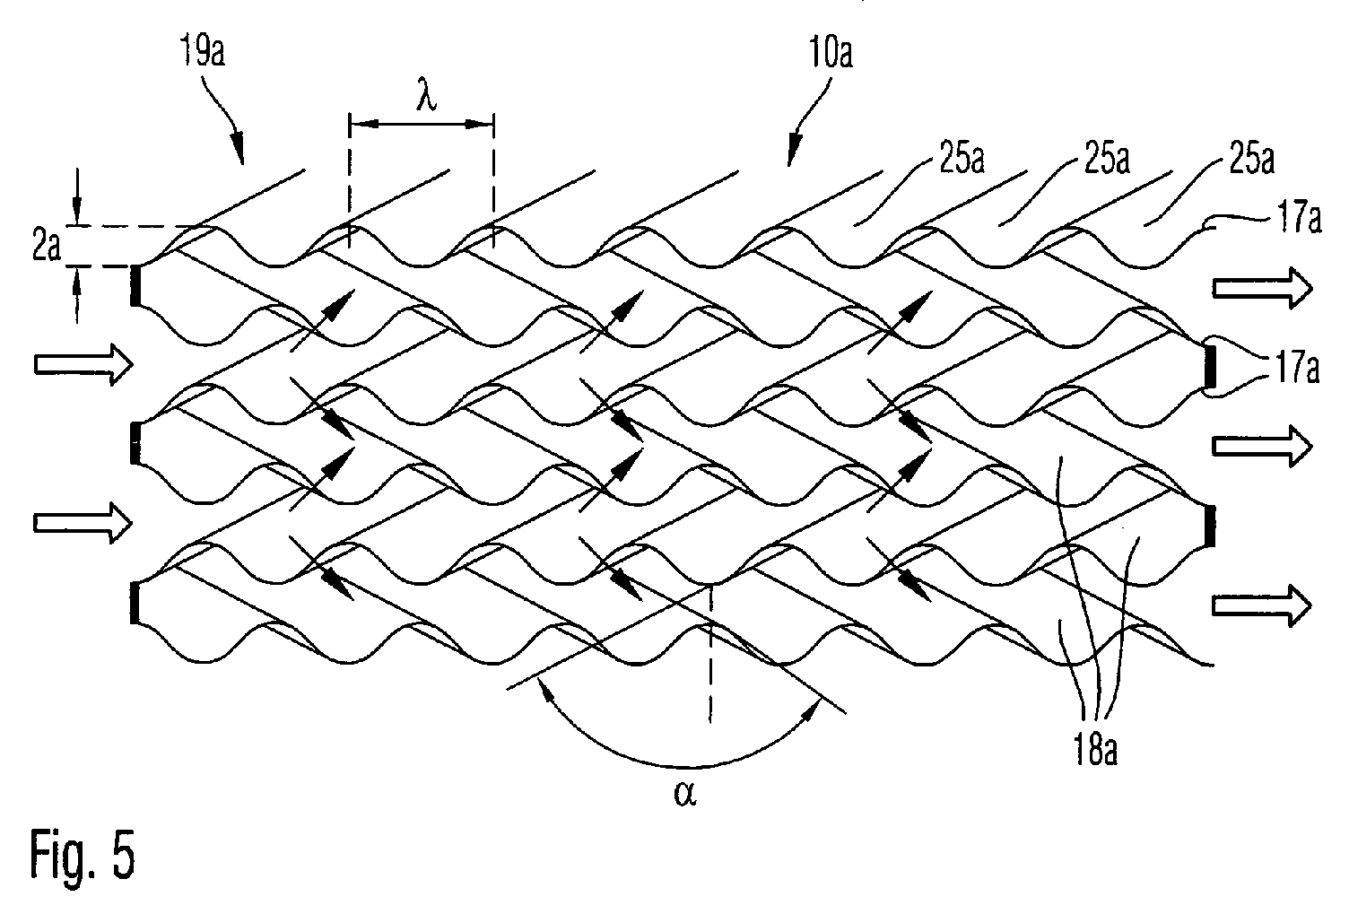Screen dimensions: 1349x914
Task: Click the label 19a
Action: coord(203,50)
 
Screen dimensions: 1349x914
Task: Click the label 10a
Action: coord(831,53)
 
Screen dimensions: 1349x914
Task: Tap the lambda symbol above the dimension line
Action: coord(426,98)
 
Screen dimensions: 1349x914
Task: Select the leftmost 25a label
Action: coord(962,159)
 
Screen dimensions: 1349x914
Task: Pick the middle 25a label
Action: coord(1107,159)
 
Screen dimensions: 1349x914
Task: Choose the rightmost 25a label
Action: coord(1252,159)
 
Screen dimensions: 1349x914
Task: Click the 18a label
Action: coord(1096,750)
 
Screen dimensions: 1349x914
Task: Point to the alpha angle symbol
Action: coord(685,794)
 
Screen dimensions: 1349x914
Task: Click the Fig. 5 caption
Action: coord(83,855)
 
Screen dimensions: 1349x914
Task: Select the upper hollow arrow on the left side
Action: coord(83,363)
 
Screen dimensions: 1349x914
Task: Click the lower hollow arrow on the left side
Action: coord(83,523)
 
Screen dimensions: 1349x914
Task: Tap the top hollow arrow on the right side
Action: coord(1262,289)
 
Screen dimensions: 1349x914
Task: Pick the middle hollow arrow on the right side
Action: coord(1262,446)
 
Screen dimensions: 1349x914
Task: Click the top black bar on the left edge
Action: coord(135,285)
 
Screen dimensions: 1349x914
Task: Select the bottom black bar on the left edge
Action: coord(135,602)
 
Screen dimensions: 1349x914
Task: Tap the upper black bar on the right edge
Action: coord(1210,366)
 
